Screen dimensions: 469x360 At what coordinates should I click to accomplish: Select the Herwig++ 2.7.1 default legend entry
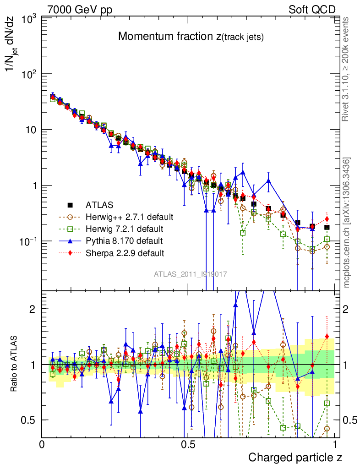point(128,217)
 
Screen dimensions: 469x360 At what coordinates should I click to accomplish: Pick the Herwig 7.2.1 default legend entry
point(125,229)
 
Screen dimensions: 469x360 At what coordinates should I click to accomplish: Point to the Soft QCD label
point(312,10)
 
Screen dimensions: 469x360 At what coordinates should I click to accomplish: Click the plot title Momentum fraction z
point(191,37)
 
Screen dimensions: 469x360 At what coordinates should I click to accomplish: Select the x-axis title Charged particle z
point(295,457)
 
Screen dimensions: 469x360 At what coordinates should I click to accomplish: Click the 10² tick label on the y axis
point(28,74)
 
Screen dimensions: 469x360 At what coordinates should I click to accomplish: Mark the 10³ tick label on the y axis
point(28,19)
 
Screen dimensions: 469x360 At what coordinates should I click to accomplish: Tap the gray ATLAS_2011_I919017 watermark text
point(190,274)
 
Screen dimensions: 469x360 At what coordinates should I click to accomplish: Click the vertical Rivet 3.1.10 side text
point(346,69)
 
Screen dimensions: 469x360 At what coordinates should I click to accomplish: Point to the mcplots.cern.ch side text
point(347,222)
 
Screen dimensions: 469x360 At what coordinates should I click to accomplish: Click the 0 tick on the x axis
point(42,443)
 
